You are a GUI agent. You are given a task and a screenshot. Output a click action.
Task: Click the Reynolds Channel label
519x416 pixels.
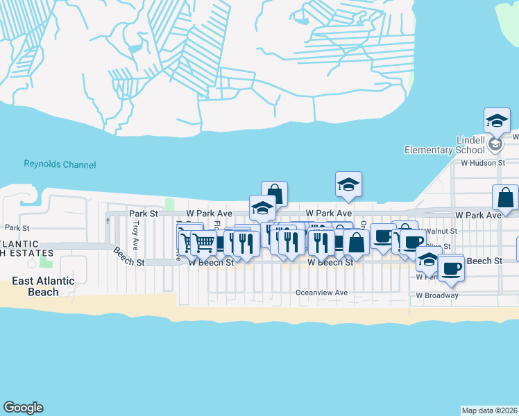point(60,165)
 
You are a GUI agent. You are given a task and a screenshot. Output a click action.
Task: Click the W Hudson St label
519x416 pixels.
point(485,164)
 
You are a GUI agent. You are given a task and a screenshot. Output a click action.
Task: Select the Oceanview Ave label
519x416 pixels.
point(321,293)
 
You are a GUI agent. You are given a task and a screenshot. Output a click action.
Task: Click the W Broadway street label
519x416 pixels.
point(437,295)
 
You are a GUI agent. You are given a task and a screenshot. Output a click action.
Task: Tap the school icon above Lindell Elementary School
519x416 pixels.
point(497,120)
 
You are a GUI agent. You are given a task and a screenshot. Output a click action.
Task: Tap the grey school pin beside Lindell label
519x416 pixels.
point(495,144)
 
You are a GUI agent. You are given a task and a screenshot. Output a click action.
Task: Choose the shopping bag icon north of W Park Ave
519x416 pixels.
point(274,193)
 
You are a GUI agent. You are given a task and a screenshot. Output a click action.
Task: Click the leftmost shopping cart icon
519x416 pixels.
point(189,241)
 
